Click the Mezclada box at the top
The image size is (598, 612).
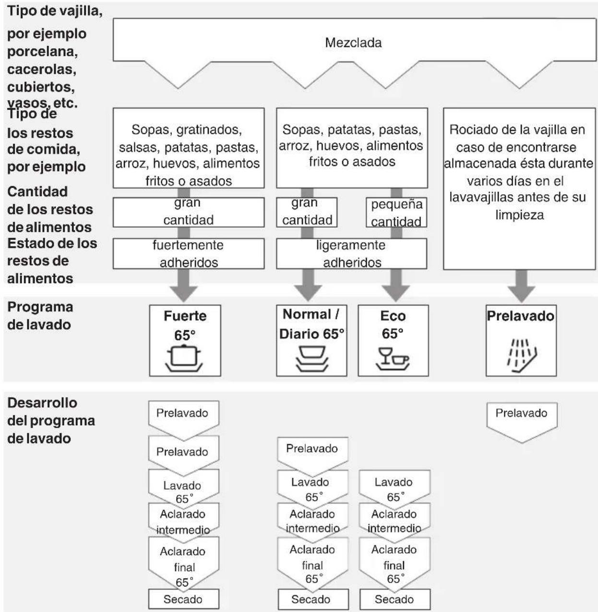click(354, 43)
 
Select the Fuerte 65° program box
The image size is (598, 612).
click(185, 340)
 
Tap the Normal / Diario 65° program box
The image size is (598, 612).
click(311, 340)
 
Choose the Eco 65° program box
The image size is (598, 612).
click(393, 340)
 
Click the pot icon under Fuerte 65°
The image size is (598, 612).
click(184, 359)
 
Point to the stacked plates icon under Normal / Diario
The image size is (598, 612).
click(312, 359)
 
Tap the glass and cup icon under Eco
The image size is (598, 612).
click(393, 359)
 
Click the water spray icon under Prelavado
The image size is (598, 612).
click(522, 356)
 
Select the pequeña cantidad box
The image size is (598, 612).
click(396, 212)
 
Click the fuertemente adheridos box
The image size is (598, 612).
click(189, 253)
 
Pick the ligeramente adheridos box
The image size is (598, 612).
click(352, 253)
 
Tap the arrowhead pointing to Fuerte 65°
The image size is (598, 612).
click(184, 294)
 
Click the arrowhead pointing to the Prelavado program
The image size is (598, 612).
click(522, 294)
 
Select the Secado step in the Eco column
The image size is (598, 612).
click(395, 599)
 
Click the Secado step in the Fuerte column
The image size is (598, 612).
click(183, 599)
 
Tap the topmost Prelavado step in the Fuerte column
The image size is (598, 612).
click(183, 418)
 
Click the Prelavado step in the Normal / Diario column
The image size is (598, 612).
click(312, 454)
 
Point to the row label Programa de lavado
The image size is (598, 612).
click(40, 316)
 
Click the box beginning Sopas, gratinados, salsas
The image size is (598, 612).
click(189, 148)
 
